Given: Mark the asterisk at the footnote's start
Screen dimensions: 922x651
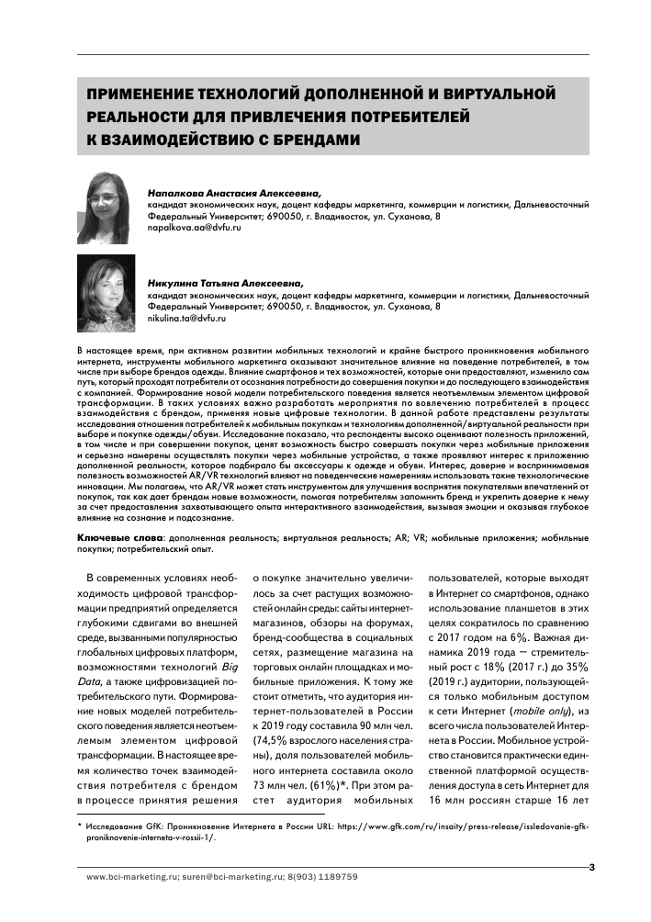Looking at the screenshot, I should tap(79, 826).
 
